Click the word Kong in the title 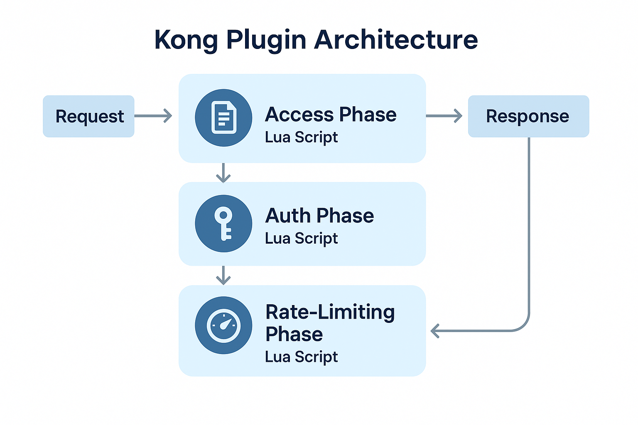click(x=186, y=40)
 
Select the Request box click(x=88, y=116)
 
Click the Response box click(x=528, y=116)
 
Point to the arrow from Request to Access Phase click(x=153, y=116)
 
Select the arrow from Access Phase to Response click(x=444, y=116)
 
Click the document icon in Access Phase click(x=223, y=118)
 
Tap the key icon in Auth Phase click(x=223, y=224)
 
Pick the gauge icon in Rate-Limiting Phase click(x=223, y=325)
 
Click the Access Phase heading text click(x=331, y=114)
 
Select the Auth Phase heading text click(x=319, y=216)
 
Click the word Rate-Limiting click(x=330, y=312)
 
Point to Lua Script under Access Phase click(x=301, y=137)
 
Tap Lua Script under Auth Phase click(x=301, y=239)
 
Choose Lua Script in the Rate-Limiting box click(x=301, y=357)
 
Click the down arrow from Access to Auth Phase click(x=223, y=173)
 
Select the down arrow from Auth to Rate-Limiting click(x=223, y=275)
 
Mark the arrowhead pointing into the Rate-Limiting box click(x=435, y=331)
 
